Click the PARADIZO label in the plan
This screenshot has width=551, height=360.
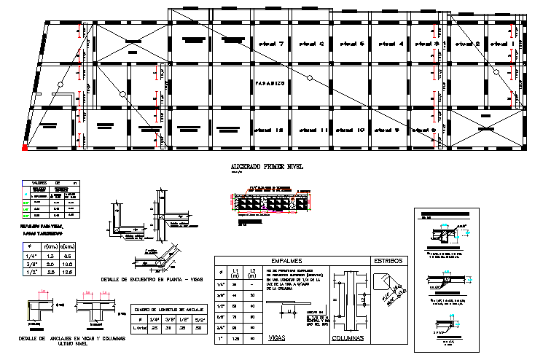[269, 84]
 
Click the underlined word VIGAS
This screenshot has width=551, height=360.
[277, 338]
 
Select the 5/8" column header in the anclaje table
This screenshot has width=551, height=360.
[198, 319]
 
